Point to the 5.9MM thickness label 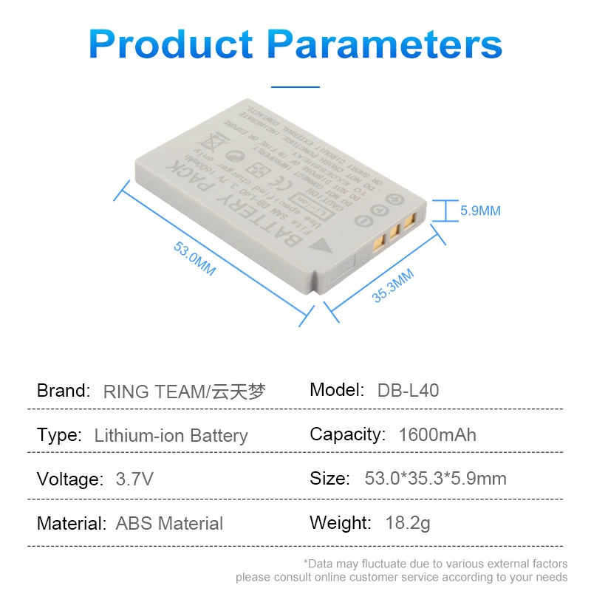(x=480, y=211)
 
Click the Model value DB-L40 (x=408, y=390)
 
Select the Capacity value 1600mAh (x=437, y=434)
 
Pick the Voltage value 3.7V (x=134, y=479)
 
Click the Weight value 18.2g (x=408, y=523)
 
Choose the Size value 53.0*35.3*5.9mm (x=435, y=479)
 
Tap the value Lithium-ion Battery (x=171, y=435)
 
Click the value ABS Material (x=169, y=524)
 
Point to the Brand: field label (x=64, y=390)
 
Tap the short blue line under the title (x=295, y=87)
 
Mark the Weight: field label (x=341, y=523)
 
